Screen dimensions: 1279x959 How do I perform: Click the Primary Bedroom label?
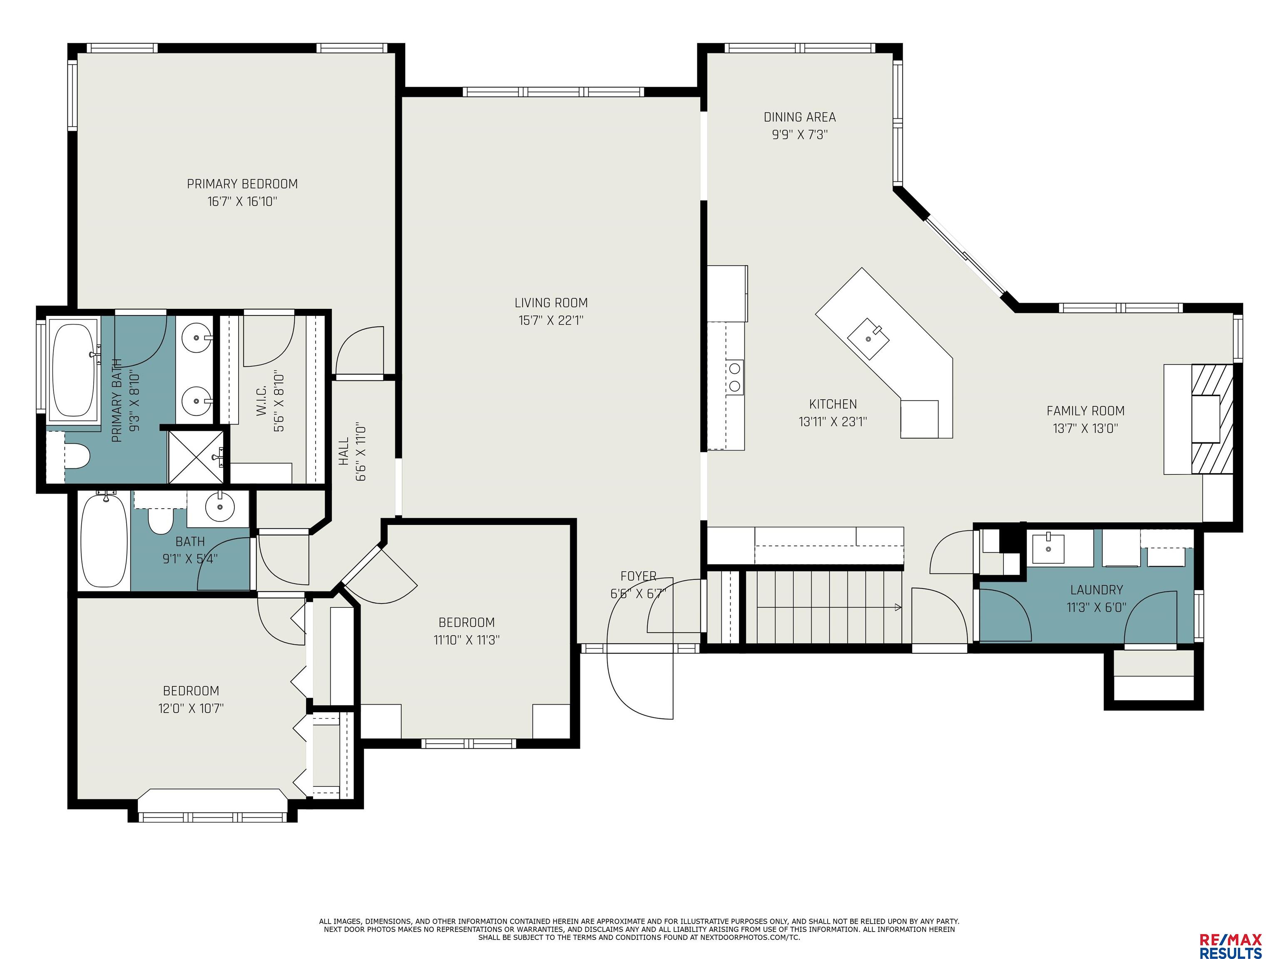point(242,184)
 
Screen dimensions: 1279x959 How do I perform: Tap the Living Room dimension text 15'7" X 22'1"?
point(551,320)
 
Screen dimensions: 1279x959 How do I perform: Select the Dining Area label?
point(800,117)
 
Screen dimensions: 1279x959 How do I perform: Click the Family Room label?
point(1085,411)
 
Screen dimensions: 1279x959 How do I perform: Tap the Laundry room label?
point(1096,590)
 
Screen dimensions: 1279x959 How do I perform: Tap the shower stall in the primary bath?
point(196,456)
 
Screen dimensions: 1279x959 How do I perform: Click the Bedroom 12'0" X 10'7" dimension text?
point(191,708)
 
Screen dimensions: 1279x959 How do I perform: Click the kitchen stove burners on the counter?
point(735,376)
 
